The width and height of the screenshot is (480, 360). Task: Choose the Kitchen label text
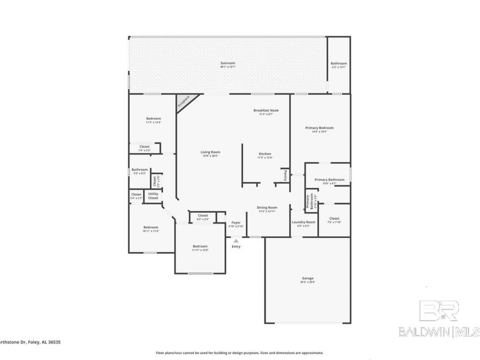265,155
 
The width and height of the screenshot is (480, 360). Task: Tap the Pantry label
285,175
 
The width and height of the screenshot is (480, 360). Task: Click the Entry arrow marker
236,241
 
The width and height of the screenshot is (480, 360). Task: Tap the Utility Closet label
153,196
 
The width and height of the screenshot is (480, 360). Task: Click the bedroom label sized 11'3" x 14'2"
154,120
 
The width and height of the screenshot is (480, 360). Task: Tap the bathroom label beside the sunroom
338,65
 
